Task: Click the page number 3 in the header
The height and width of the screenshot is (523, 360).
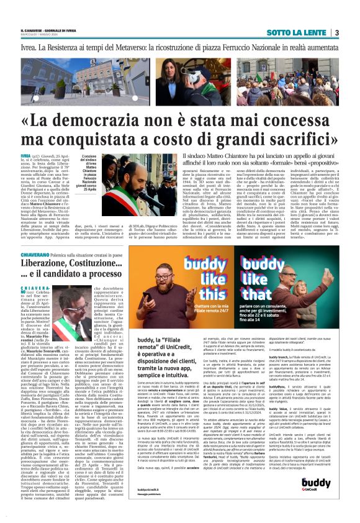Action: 336,32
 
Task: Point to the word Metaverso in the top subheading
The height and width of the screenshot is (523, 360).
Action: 147,47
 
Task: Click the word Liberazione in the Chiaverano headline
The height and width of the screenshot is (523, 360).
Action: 48,263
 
